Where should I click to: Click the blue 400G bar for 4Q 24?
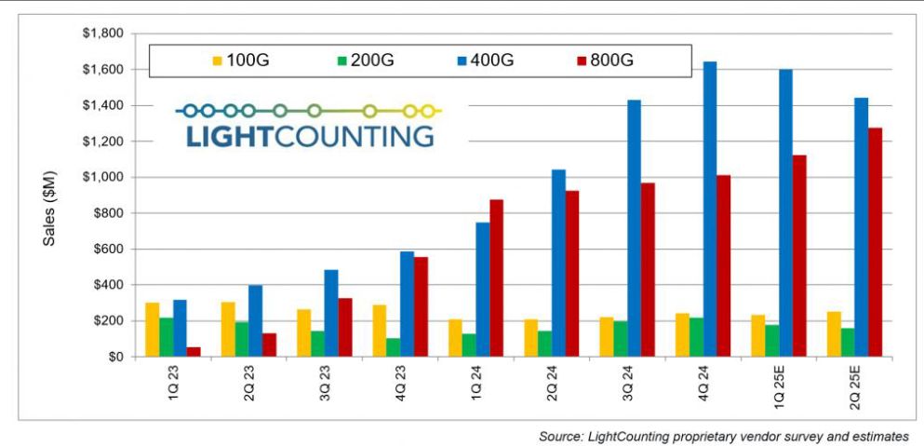click(709, 209)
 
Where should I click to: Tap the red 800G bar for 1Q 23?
click(194, 351)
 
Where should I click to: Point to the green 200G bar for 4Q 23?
click(393, 346)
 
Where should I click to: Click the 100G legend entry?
click(242, 60)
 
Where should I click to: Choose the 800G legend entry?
click(604, 60)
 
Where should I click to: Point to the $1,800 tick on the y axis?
click(103, 34)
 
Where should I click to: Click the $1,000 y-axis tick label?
click(103, 177)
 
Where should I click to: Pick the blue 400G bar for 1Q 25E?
click(785, 213)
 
